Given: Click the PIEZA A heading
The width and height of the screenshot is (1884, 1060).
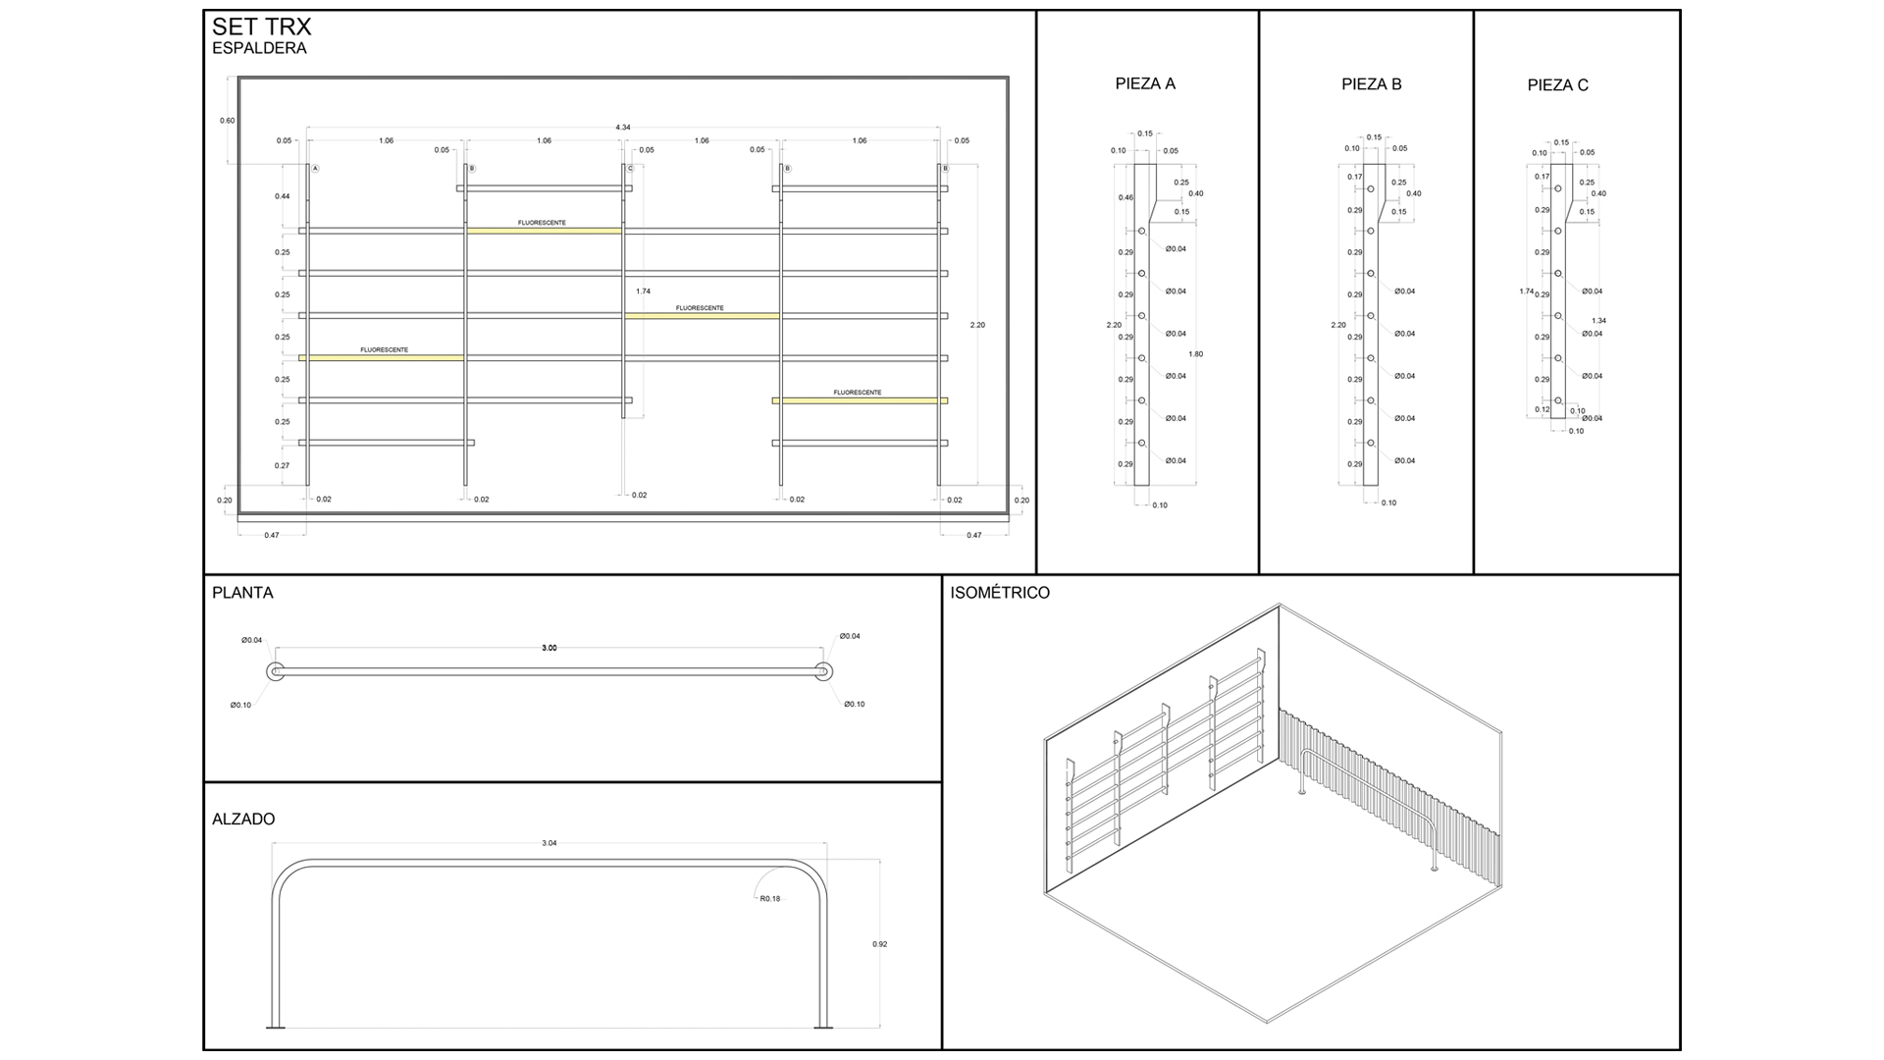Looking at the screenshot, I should pos(1145,84).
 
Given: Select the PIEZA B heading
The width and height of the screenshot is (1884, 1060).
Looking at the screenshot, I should pos(1371,84).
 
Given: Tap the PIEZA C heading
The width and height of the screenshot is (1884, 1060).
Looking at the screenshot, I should pos(1557,85).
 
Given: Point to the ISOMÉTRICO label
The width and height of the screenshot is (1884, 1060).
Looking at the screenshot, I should pos(1000,593).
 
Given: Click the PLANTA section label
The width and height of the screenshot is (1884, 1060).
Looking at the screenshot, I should pos(242,593).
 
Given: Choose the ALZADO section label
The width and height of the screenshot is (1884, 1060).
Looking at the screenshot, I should pos(243,820).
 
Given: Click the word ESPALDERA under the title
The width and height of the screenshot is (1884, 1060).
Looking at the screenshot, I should pos(259,49).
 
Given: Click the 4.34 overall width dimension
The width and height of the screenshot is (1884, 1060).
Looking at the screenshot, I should pos(623,128).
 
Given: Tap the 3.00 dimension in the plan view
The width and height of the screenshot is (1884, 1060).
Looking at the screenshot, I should pos(549,648).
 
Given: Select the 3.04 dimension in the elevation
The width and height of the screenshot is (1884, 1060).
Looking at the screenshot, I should pos(549,843).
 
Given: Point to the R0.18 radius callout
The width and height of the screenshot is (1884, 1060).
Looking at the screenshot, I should pos(770,899).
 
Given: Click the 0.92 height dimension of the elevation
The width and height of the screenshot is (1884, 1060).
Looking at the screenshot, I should pos(879,944).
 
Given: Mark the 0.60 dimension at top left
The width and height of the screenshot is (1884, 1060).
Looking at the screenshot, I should pos(227,121).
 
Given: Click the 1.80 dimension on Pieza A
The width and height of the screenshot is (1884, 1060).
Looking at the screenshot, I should pos(1194,354).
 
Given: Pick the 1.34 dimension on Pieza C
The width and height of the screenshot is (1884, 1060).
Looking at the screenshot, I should pos(1598,321).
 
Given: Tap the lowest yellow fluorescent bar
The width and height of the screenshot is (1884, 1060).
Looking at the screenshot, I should pos(860,400).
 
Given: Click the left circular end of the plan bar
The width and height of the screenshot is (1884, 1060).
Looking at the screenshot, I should pos(275,671).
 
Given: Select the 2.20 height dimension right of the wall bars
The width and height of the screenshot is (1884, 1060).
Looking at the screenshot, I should pos(977,325).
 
